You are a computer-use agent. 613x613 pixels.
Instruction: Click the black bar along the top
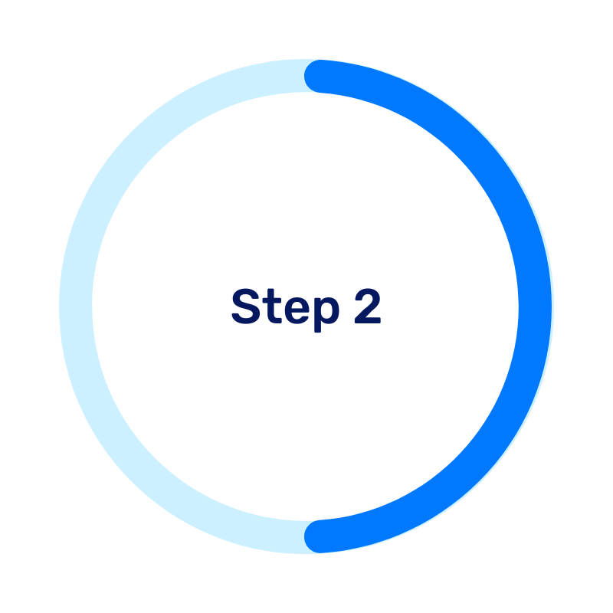pos(306,29)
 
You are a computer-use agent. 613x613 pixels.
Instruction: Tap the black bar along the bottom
pos(306,583)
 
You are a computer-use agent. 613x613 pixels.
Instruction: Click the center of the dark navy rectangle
pos(368,383)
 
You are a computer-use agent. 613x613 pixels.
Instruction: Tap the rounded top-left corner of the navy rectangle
pos(238,293)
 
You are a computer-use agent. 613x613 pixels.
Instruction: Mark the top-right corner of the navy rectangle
pos(516,290)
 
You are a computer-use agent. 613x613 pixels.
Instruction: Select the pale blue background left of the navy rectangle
pos(115,345)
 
